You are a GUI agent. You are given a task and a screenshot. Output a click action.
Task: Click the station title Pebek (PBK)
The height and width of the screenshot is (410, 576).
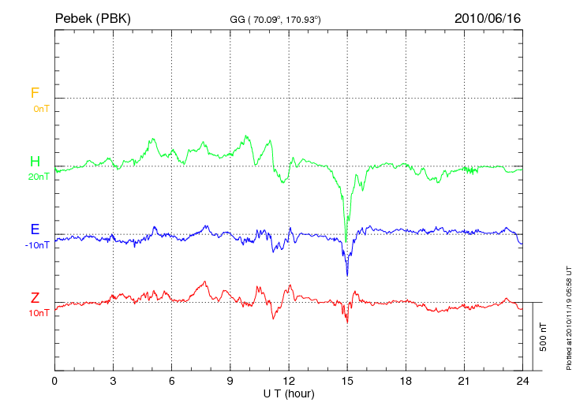[x=93, y=17]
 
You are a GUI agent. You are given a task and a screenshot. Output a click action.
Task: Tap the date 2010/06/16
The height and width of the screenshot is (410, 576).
[x=488, y=17]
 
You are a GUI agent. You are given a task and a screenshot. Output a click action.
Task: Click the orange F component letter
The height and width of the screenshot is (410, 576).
[x=35, y=93]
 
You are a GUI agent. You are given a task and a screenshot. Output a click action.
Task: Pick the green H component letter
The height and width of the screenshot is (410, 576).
[x=35, y=162]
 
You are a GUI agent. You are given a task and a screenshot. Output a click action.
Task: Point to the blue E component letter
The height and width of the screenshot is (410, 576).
[x=35, y=229]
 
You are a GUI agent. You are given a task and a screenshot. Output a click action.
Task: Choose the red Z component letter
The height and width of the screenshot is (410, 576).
[x=35, y=298]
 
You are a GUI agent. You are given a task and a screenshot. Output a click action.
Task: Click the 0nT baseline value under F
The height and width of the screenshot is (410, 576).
[x=40, y=108]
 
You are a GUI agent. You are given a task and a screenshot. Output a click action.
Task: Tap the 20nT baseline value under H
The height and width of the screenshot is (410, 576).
[x=38, y=177]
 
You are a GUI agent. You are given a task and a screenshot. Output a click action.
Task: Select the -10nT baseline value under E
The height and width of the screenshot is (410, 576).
[x=37, y=245]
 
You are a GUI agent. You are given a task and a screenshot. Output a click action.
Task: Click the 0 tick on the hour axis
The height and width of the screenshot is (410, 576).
[x=54, y=380]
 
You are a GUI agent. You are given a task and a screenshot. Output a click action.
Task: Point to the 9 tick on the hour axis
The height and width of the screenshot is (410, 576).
[x=230, y=380]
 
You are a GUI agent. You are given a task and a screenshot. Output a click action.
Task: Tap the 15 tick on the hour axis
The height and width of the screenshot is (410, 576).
[x=347, y=380]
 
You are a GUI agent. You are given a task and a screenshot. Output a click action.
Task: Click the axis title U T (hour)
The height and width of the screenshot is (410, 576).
[x=288, y=393]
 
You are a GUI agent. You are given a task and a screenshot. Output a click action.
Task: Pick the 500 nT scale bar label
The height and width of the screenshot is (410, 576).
[x=544, y=337]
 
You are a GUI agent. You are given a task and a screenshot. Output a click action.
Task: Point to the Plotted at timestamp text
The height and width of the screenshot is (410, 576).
[x=568, y=315]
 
